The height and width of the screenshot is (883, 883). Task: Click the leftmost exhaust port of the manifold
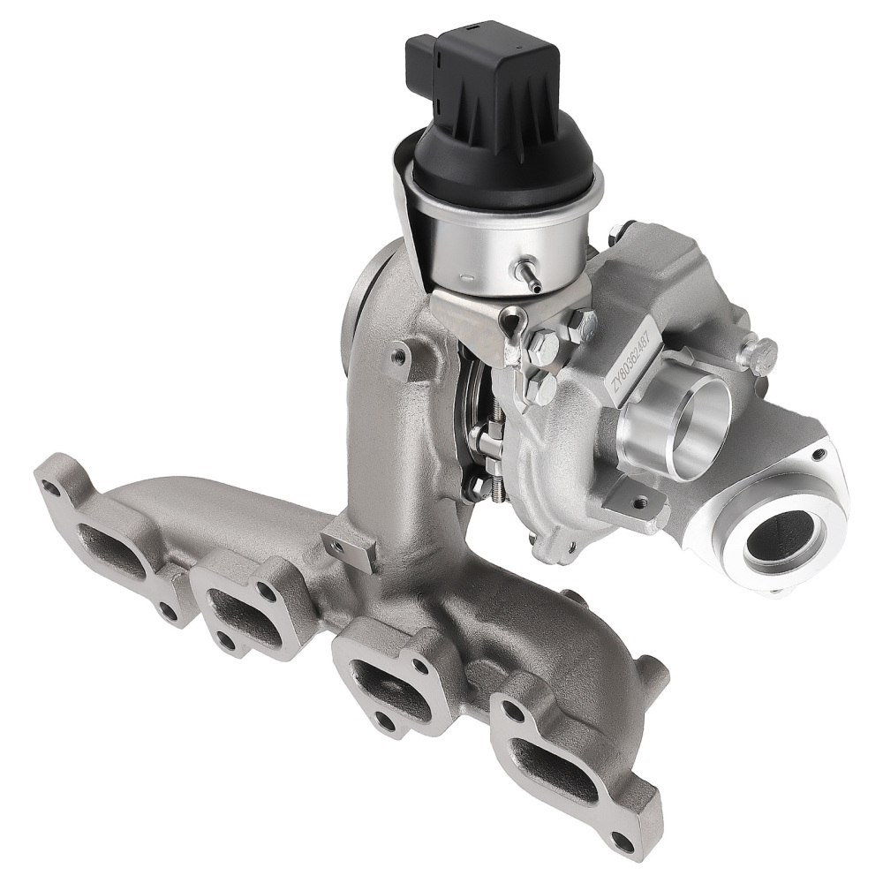pos(110,547)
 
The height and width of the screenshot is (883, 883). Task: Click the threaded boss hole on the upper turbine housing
pos(401,357)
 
